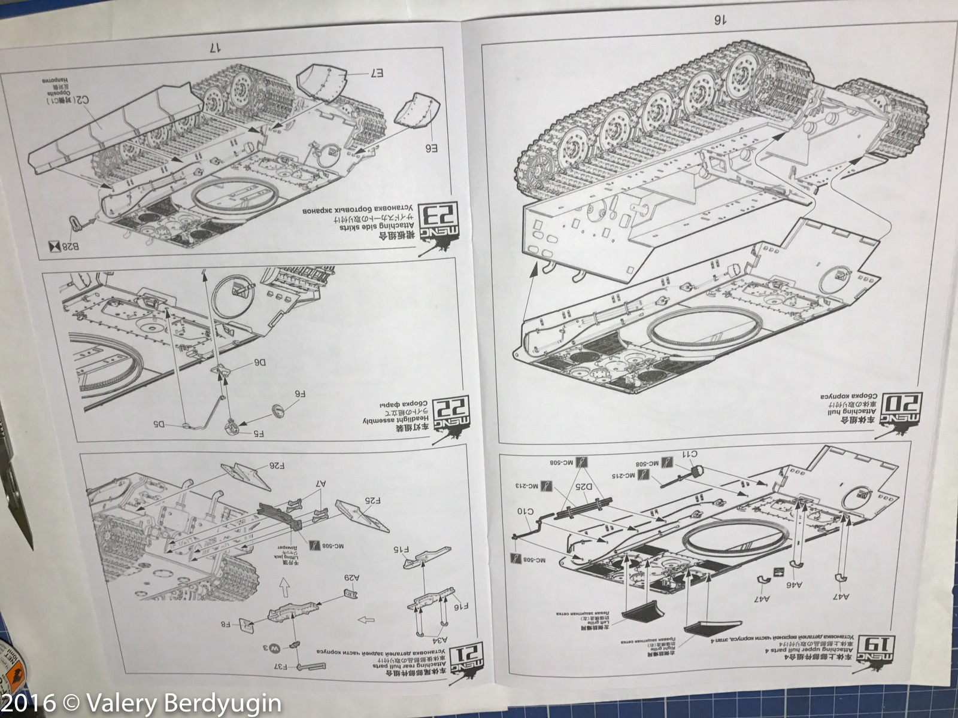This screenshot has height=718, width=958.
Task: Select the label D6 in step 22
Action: tap(261, 363)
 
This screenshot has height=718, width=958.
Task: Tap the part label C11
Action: tap(690, 454)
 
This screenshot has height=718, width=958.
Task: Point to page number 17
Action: tap(217, 47)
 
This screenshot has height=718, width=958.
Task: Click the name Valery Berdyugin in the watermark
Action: tap(182, 701)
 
